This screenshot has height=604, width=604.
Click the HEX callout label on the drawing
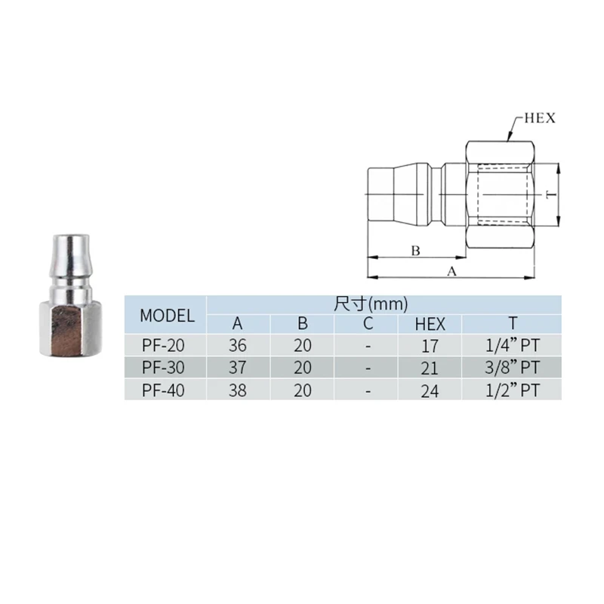tap(540, 118)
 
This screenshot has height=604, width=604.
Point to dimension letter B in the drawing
tap(415, 251)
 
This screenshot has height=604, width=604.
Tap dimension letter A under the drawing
tap(451, 272)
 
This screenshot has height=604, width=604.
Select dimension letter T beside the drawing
tap(552, 194)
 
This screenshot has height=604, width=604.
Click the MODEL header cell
tap(167, 316)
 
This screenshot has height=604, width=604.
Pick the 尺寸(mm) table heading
tap(371, 304)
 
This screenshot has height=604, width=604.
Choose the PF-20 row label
tap(163, 345)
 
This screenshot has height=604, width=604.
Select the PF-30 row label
tap(163, 368)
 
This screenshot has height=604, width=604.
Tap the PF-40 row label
tap(163, 390)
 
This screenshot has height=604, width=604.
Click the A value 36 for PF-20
tap(237, 345)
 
